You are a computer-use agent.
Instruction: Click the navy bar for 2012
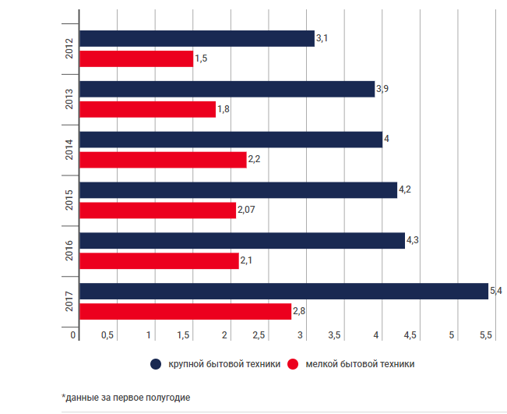tap(197, 38)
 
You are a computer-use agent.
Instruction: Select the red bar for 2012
tap(136, 58)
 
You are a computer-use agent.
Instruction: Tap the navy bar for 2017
tap(283, 292)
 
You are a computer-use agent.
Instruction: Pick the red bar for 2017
tap(185, 312)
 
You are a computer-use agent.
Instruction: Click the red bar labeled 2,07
tap(158, 211)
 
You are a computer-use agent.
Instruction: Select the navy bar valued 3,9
tap(227, 89)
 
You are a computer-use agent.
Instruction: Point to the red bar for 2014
tap(163, 160)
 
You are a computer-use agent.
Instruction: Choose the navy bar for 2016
tap(242, 241)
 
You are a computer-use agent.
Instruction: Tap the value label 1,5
tap(200, 58)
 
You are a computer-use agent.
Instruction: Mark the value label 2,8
tap(298, 312)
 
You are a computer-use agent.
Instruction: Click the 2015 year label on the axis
tap(69, 200)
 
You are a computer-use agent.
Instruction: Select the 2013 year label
tap(69, 99)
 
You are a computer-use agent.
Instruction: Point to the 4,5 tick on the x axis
tap(410, 335)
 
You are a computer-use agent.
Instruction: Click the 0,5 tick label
tap(107, 335)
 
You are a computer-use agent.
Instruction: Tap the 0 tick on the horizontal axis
tap(73, 335)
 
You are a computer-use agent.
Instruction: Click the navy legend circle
tap(156, 364)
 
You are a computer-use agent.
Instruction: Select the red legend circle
tap(294, 364)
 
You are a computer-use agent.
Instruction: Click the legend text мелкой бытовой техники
tap(360, 364)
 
